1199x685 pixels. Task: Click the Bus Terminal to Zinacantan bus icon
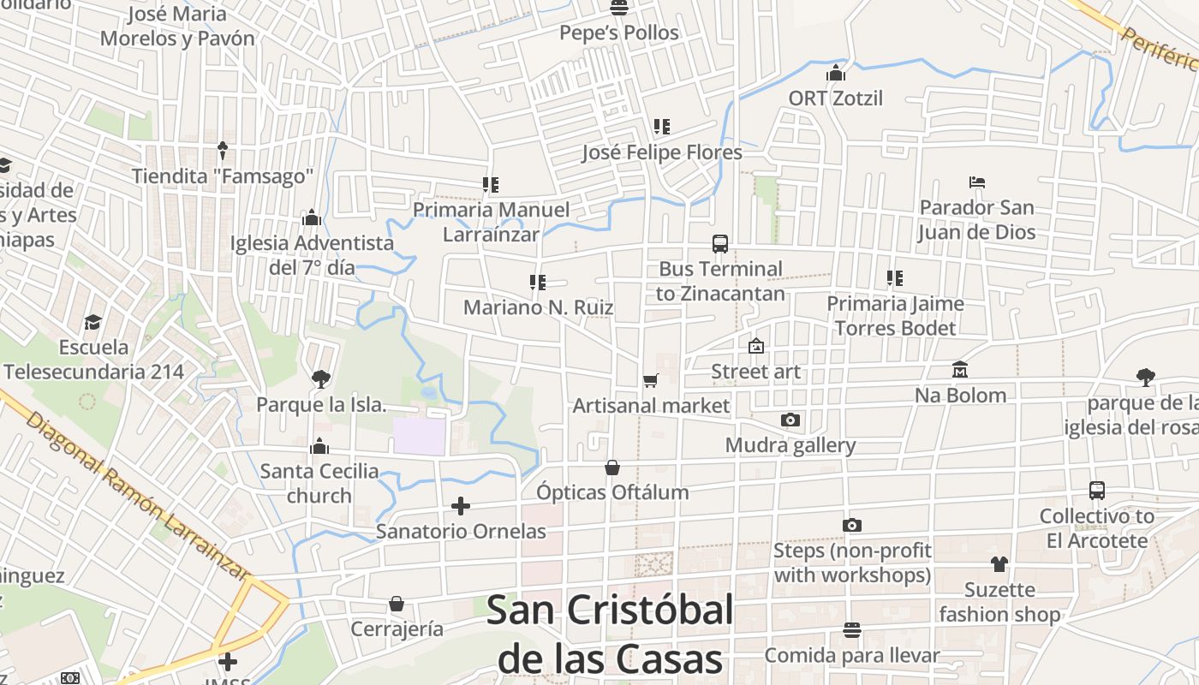click(x=720, y=244)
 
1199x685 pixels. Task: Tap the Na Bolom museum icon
click(x=960, y=370)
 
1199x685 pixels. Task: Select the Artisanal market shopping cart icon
click(x=650, y=380)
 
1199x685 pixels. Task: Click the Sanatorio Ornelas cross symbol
click(x=461, y=506)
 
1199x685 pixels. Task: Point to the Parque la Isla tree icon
click(x=320, y=378)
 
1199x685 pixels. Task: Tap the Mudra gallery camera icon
click(x=790, y=420)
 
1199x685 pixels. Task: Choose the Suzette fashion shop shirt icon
click(x=999, y=563)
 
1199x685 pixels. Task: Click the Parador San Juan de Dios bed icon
click(x=977, y=182)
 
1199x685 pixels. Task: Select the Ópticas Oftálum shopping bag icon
click(x=612, y=468)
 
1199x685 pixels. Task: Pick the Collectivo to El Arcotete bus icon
click(x=1097, y=491)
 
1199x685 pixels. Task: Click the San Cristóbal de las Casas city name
click(x=610, y=634)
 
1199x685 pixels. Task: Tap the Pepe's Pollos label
click(x=619, y=33)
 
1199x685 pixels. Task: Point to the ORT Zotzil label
click(x=836, y=98)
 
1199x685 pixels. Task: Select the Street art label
click(x=756, y=372)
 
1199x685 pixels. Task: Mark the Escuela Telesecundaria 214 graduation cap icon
click(x=92, y=322)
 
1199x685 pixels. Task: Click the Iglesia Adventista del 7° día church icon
click(x=312, y=217)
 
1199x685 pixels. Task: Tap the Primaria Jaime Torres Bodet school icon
click(x=895, y=278)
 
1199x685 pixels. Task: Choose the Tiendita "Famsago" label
click(x=223, y=176)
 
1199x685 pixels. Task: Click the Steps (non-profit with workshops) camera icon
click(x=852, y=525)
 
